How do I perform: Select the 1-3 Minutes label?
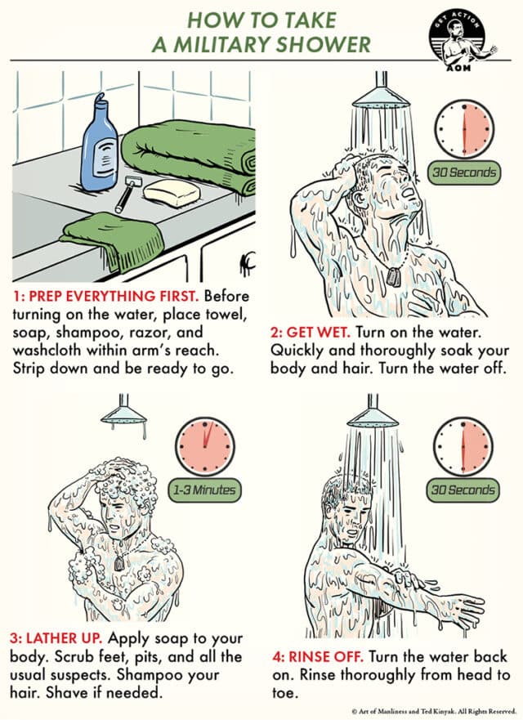coord(203,490)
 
